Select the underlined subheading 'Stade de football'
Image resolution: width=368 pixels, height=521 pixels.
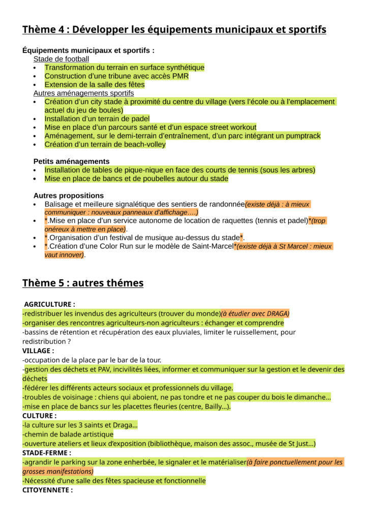pos(61,59)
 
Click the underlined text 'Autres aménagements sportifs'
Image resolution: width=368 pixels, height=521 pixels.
pos(83,93)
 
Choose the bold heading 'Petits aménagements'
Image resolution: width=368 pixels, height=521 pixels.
pos(71,161)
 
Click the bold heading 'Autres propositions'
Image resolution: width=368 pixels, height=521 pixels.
pos(69,195)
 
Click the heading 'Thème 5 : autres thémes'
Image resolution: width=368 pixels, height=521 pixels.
pos(83,283)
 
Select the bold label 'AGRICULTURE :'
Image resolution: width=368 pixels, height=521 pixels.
pos(49,304)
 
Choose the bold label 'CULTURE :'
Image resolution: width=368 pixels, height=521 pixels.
pos(39,416)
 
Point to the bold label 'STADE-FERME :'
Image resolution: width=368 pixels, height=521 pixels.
pos(47,453)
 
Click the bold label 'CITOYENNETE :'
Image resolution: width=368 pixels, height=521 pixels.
pos(47,490)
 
